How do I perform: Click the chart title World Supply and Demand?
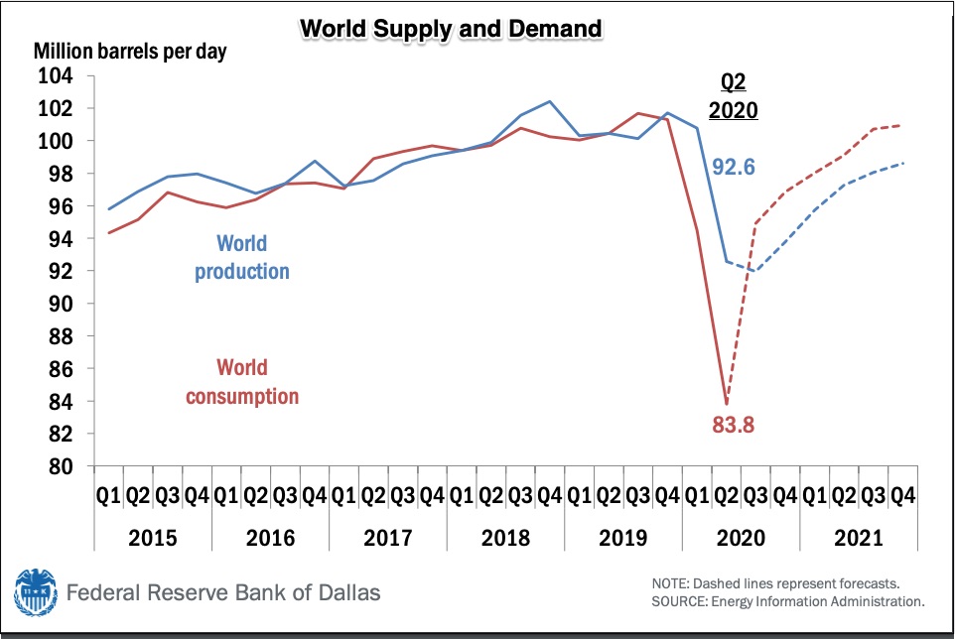451,29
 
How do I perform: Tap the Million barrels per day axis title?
130,52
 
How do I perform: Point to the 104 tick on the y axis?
56,76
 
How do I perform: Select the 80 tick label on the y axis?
61,466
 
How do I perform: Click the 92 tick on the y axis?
61,271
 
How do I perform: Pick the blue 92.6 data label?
734,167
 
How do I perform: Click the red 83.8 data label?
734,425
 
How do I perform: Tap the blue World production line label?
242,257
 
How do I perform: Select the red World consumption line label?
242,382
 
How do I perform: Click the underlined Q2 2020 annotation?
734,96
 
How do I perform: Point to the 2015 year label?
152,538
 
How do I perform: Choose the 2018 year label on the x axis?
505,538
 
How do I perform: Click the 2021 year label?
858,538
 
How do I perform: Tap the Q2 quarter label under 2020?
726,496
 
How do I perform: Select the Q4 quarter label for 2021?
902,496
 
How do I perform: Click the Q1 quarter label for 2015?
108,496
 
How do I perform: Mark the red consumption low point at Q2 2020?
727,404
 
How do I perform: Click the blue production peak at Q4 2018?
550,101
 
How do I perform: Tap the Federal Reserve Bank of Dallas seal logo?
36,592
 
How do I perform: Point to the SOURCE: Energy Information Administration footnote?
788,602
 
